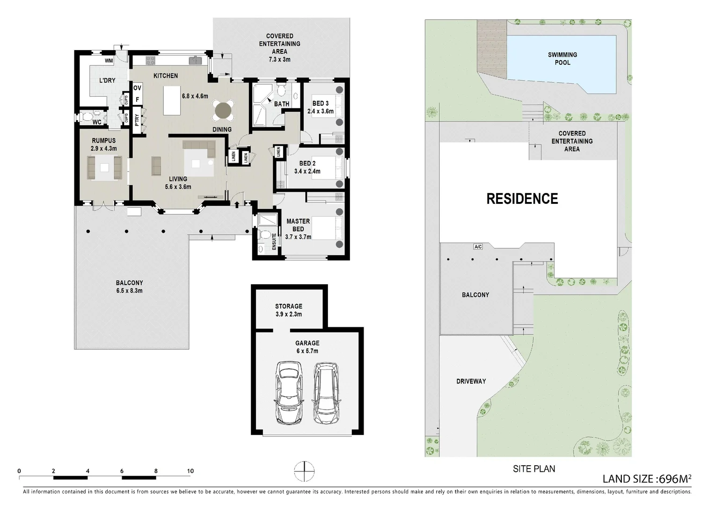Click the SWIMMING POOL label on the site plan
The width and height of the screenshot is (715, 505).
point(562,59)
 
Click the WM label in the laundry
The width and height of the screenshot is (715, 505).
point(109,61)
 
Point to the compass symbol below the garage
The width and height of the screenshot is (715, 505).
point(304,471)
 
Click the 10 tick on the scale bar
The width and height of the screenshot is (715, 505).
point(190,471)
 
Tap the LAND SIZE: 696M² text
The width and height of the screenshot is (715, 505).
point(647,478)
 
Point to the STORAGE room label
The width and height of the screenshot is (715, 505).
point(289,306)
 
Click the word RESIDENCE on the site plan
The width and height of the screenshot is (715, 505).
point(522,199)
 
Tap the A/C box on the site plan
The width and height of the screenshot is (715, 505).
point(478,246)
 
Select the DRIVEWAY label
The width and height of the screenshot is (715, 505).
point(471,381)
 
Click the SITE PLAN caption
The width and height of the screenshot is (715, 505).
point(534,469)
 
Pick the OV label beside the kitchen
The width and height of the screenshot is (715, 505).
point(137,88)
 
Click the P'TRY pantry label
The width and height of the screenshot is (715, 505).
point(137,120)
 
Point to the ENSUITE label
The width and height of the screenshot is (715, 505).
point(274,241)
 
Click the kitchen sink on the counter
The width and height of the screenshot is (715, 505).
point(194,60)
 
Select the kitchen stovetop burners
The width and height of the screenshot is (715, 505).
point(150,60)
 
